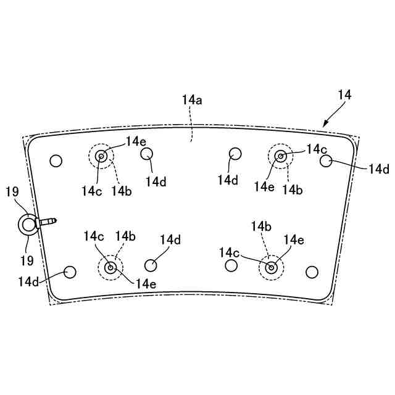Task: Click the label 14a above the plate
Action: click(192, 100)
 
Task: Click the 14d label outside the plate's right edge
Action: click(378, 168)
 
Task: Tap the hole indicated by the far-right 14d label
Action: click(326, 160)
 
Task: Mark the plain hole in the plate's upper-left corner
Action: click(56, 160)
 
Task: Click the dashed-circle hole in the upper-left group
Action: click(101, 156)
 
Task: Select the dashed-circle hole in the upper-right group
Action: click(281, 156)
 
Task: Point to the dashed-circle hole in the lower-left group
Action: click(110, 267)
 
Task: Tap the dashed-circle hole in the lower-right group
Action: click(270, 267)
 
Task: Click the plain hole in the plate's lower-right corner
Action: click(312, 272)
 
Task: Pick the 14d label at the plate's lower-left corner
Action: click(28, 282)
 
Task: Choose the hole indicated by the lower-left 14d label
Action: click(70, 272)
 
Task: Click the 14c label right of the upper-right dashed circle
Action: click(316, 149)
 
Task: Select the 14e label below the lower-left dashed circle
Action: click(146, 284)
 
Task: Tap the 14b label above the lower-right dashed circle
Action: click(261, 227)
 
